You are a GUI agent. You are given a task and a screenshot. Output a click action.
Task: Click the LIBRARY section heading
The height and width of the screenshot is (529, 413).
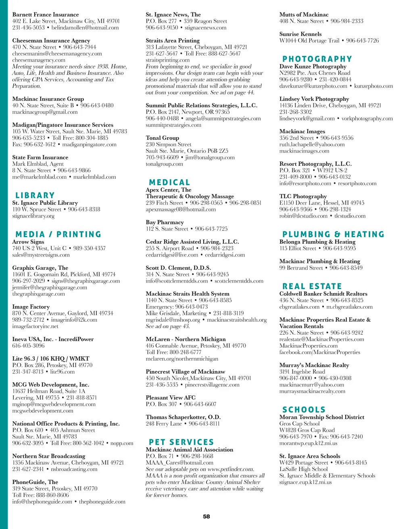point(35,195)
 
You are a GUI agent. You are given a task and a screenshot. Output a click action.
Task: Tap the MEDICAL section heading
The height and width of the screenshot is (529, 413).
point(169,182)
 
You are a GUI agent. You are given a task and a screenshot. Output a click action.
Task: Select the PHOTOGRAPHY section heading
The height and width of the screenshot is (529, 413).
point(317,59)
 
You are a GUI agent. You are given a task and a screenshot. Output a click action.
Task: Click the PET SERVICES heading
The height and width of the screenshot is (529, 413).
point(181,442)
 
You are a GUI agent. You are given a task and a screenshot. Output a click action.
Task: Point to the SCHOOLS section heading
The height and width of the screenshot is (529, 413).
point(304,410)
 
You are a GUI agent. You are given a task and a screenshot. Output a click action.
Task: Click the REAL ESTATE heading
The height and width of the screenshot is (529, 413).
point(312,286)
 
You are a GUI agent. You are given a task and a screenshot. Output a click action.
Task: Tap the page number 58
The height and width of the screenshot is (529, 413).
point(206,516)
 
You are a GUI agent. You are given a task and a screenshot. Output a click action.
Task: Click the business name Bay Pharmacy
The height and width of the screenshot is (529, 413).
point(165,222)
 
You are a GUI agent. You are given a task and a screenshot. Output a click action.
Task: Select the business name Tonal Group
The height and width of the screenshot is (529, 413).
point(162,138)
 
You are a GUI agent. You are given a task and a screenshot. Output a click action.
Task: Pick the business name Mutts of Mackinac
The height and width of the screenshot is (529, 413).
point(304,14)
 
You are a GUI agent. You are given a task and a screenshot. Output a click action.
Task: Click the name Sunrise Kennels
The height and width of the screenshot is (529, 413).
point(300,34)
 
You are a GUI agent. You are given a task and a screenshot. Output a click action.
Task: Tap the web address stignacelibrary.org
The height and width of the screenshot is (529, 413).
point(33,216)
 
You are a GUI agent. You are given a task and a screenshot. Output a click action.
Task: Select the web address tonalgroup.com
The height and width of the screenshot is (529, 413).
point(164,164)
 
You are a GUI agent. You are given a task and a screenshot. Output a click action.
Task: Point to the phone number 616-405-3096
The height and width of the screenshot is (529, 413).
point(28,345)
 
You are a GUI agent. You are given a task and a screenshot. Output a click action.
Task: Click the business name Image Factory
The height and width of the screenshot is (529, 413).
point(31,307)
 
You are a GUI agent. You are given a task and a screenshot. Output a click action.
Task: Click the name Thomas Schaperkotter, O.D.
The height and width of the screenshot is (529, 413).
point(183,417)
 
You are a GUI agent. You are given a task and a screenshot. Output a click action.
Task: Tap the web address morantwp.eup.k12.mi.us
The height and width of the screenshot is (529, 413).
point(308,443)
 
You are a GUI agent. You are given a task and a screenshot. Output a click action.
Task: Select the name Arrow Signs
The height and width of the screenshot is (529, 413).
point(28,242)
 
